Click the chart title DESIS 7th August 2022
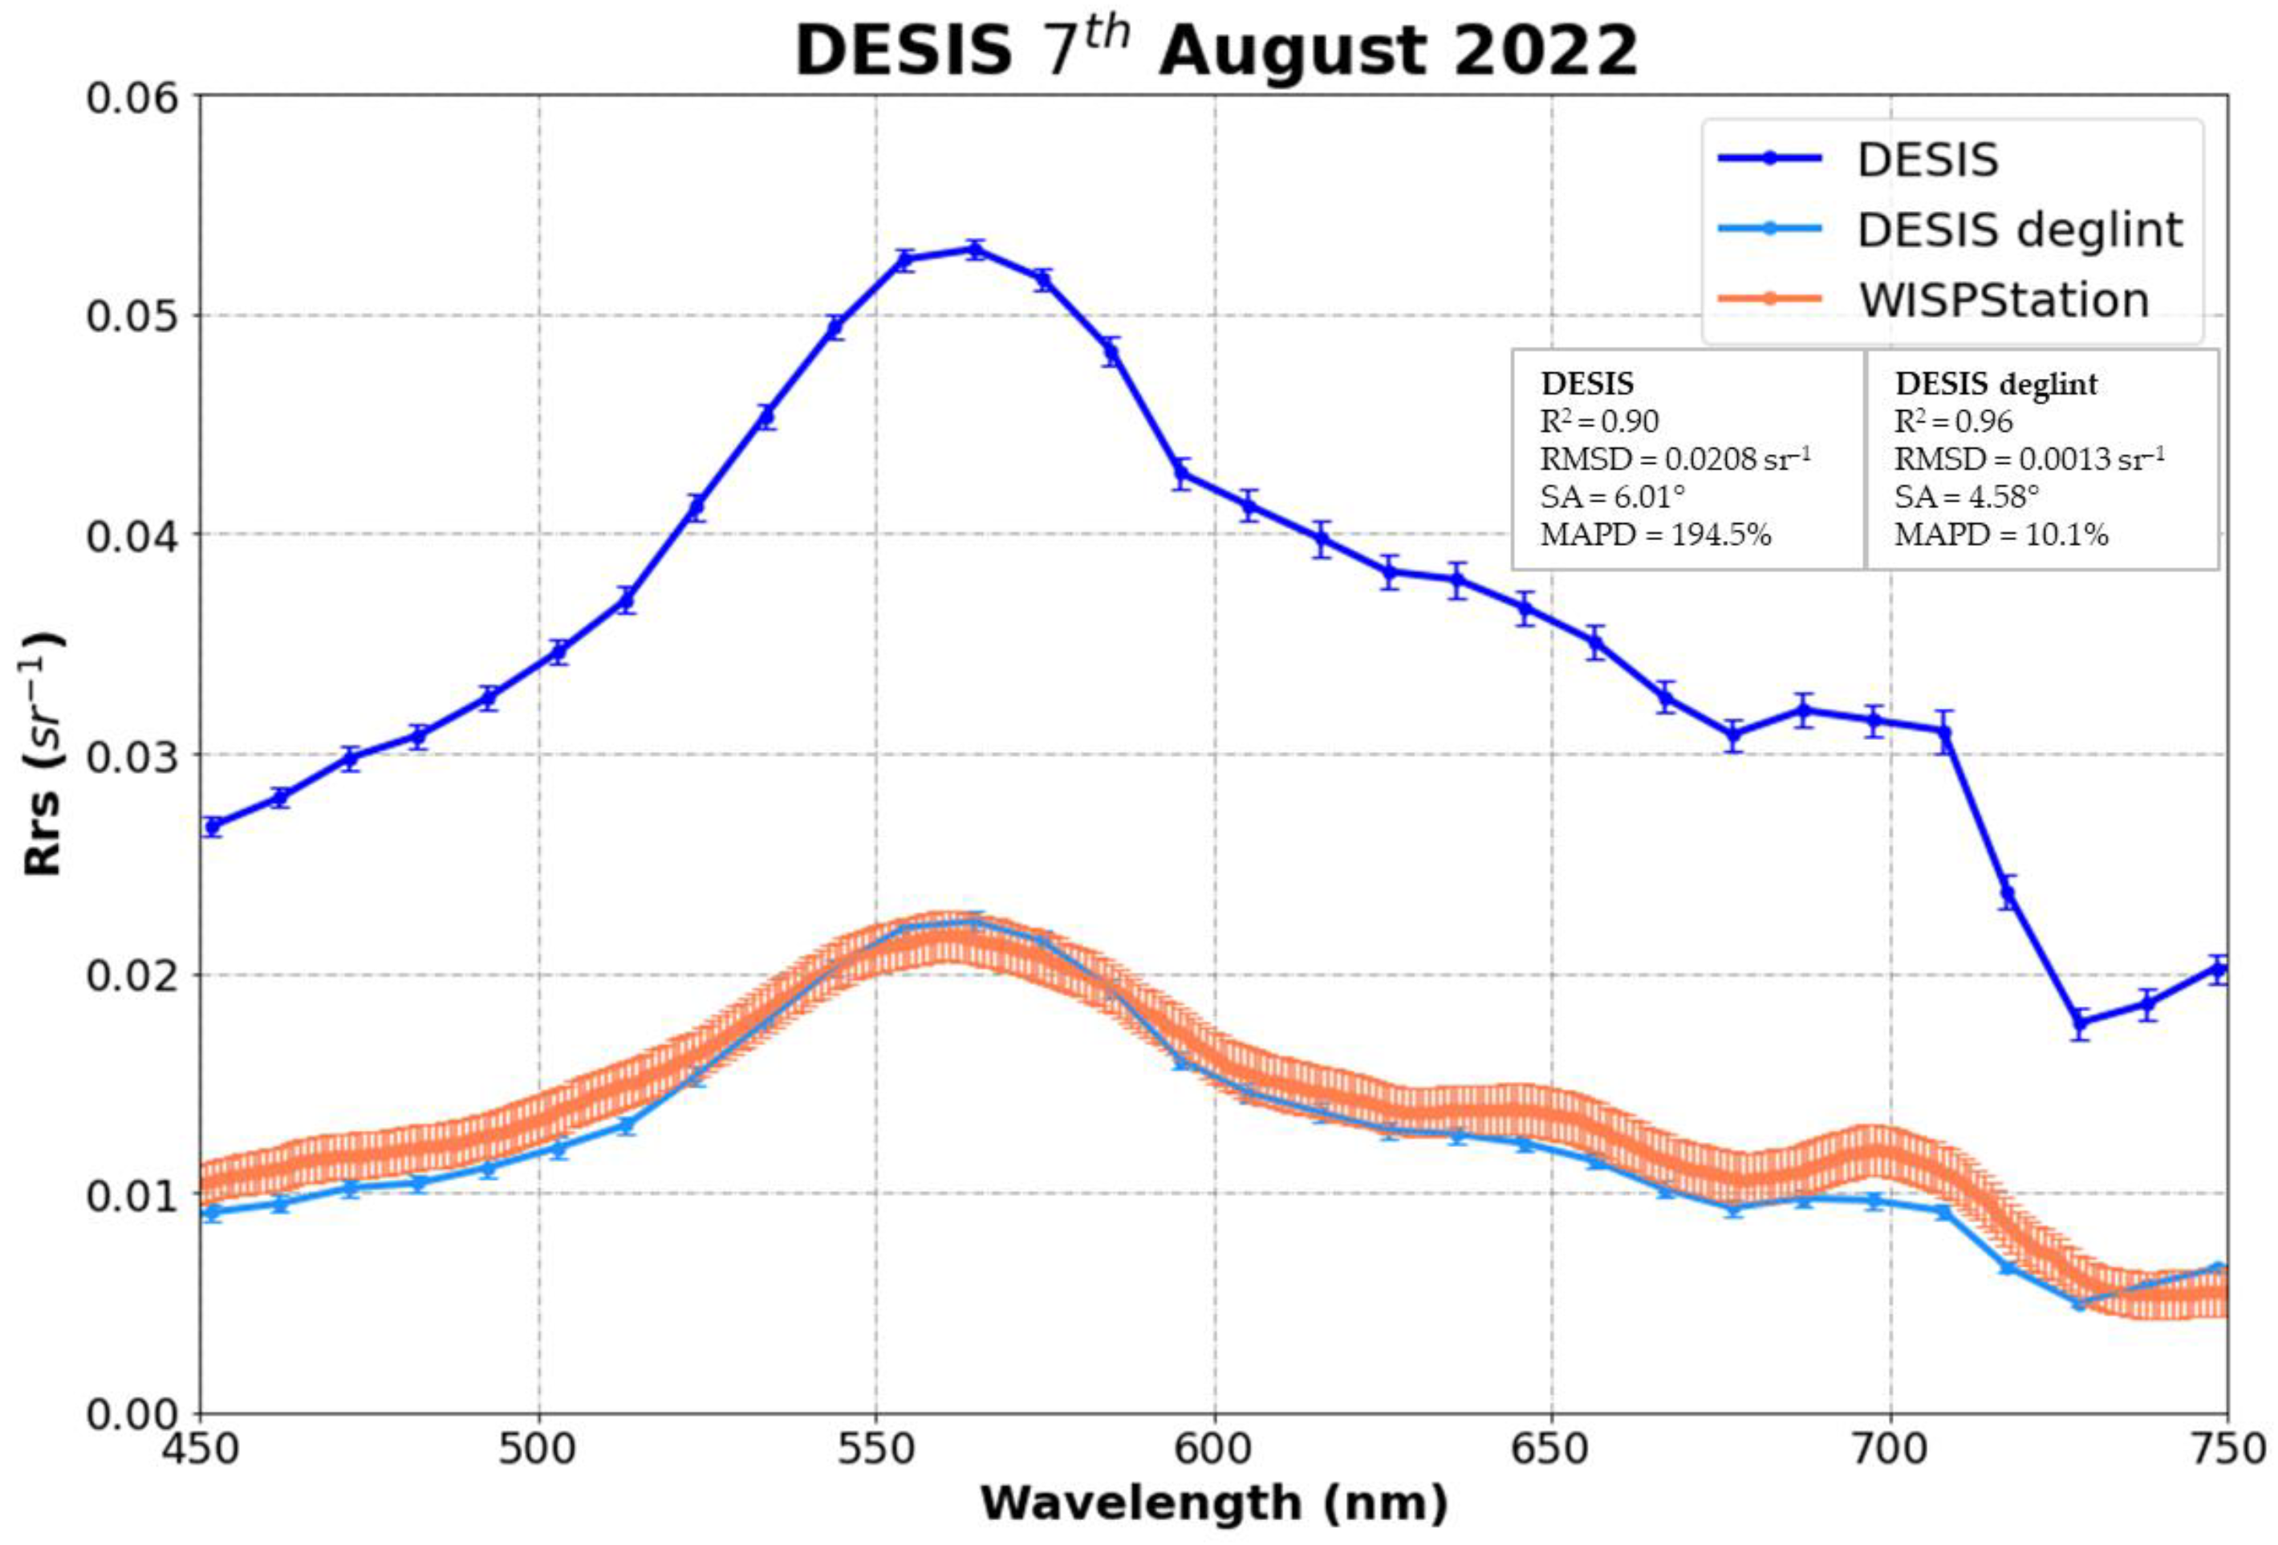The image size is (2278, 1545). point(1216,51)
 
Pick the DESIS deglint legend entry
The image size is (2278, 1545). point(2019,230)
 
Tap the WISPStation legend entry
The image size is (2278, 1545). point(2004,300)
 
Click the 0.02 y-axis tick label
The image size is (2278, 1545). point(133,975)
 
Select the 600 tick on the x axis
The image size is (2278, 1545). point(1215,1449)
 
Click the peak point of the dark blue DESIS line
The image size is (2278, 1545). point(974,249)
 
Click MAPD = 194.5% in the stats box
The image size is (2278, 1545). point(1655,535)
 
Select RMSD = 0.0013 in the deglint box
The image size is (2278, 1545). point(2029,459)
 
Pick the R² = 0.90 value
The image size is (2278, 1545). point(1600,421)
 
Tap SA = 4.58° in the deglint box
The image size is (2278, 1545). point(1965,497)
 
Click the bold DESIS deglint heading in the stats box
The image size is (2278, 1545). point(1996,384)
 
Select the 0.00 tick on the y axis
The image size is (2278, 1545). point(133,1413)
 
